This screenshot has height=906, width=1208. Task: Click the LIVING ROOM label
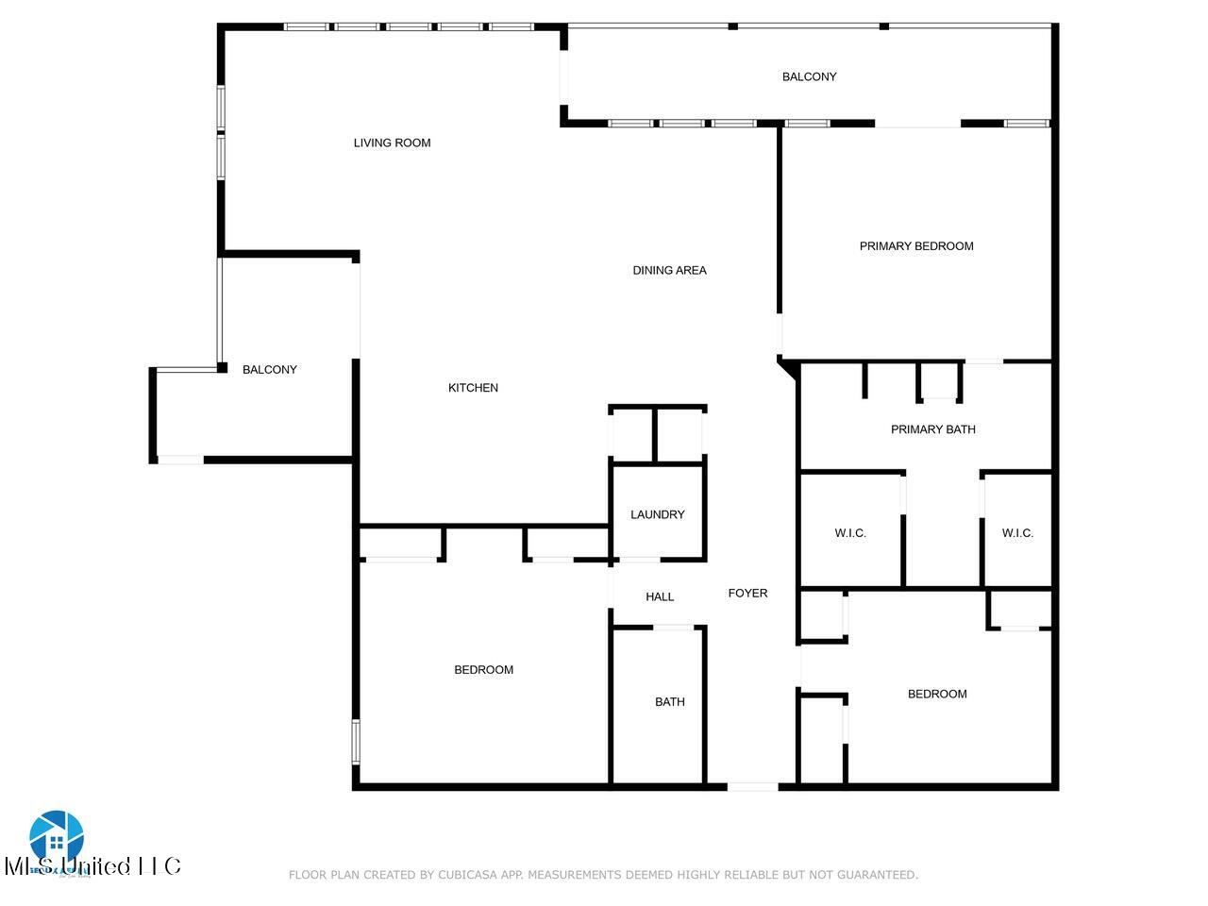[392, 143]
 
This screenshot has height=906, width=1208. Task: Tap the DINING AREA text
[669, 271]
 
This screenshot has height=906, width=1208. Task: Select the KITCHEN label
[473, 388]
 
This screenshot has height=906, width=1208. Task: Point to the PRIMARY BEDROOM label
[915, 246]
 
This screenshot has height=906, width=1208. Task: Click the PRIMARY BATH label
[932, 429]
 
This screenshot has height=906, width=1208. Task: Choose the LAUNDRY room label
[657, 515]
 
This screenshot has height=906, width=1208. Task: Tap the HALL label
[660, 596]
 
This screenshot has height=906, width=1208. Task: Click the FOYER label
[747, 594]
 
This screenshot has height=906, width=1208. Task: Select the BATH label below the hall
[669, 702]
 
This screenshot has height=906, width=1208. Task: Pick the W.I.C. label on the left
[850, 533]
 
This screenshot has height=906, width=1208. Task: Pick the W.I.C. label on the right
[1017, 533]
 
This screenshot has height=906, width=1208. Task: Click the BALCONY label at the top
[809, 77]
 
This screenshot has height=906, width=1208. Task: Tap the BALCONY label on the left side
[270, 370]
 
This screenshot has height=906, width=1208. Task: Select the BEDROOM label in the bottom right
[936, 695]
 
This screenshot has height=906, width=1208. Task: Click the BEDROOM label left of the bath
[483, 670]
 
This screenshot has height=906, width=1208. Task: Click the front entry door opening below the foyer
[752, 785]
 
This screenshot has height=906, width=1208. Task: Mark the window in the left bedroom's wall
[356, 741]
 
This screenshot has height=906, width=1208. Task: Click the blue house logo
[57, 834]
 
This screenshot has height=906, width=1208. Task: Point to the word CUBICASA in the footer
[468, 875]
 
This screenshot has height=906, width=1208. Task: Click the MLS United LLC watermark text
[92, 865]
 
